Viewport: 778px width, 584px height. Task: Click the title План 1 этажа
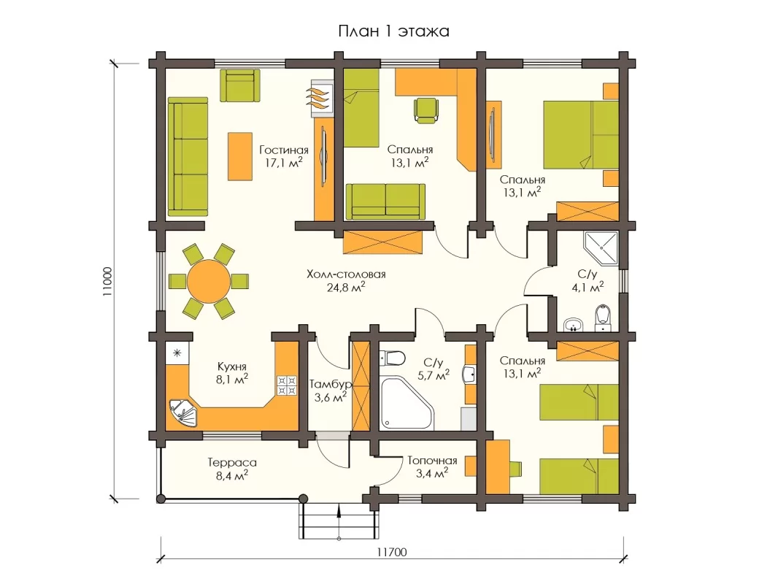(394, 31)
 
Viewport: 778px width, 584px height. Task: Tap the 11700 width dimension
(392, 552)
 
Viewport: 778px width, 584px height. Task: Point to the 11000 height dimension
(108, 282)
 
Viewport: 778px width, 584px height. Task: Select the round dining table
(209, 282)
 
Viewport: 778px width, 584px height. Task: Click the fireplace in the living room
(322, 99)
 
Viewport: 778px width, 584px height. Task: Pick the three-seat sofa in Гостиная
(188, 157)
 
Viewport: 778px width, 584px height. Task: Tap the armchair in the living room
(240, 85)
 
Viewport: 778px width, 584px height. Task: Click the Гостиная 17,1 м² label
(283, 156)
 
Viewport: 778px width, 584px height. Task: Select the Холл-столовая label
(346, 274)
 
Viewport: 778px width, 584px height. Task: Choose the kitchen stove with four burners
(288, 385)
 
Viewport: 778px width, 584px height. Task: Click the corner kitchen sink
(182, 413)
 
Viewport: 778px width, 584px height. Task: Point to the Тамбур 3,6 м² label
(331, 391)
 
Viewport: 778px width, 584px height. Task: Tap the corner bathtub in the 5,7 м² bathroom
(407, 403)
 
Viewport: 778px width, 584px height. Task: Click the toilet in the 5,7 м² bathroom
(392, 358)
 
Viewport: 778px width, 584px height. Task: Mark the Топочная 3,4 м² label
(432, 467)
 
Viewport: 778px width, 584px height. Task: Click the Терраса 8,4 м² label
(232, 469)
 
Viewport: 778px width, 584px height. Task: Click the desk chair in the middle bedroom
(427, 110)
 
